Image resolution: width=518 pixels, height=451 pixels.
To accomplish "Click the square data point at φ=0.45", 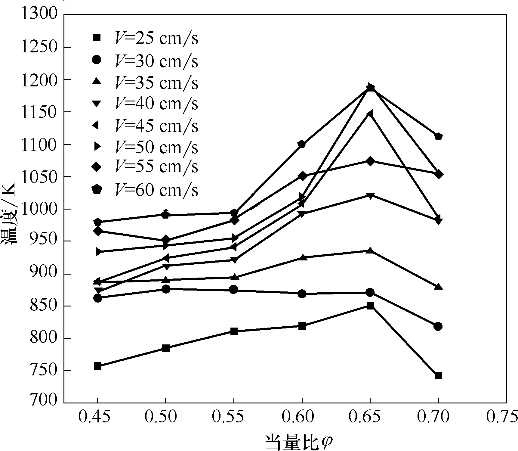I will [97, 366].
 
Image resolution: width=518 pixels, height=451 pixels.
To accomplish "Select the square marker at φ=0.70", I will [438, 375].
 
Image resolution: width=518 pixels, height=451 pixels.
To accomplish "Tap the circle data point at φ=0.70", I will [438, 326].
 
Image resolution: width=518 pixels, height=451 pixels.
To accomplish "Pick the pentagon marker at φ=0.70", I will [438, 137].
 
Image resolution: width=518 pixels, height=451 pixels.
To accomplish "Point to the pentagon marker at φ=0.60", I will [302, 144].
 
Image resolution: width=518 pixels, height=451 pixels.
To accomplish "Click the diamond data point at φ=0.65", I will [370, 161].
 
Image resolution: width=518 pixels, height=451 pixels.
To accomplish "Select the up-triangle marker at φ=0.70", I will [438, 287].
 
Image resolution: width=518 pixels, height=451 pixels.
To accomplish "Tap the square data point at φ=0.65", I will [370, 306].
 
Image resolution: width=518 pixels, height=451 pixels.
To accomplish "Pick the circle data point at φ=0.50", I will [166, 289].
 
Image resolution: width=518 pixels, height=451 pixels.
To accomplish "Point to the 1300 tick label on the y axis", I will [39, 14].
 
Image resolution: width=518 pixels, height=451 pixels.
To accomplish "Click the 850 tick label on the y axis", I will [43, 306].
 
